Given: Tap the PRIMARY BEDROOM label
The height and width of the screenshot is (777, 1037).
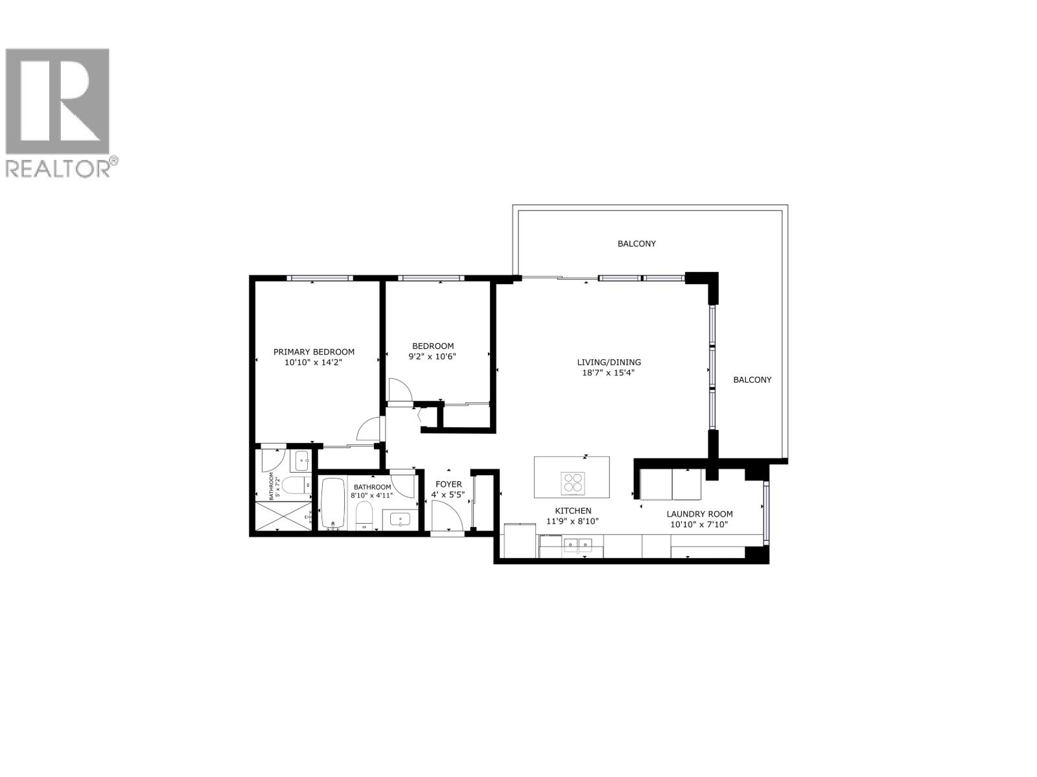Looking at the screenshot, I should click(314, 352).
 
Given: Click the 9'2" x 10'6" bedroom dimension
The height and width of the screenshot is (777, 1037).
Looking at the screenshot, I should click(432, 356).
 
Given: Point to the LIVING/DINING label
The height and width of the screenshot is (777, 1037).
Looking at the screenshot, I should click(609, 363).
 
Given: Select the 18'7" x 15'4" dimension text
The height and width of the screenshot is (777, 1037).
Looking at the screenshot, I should click(609, 373).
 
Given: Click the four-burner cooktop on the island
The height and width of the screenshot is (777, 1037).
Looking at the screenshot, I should click(572, 483).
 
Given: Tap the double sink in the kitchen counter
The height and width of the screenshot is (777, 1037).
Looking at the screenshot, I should click(577, 544).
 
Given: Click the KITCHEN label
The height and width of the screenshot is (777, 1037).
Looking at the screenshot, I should click(572, 511).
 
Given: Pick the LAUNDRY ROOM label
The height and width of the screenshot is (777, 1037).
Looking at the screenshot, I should click(699, 514).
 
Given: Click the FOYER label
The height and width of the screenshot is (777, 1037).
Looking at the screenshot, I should click(449, 484).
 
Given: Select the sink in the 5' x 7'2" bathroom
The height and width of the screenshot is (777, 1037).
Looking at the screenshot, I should click(302, 461).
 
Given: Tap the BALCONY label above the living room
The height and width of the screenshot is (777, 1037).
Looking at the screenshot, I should click(636, 244).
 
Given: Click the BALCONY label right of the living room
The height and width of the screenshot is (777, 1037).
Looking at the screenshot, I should click(752, 380).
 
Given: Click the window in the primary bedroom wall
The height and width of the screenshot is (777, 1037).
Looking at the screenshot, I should click(320, 278).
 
